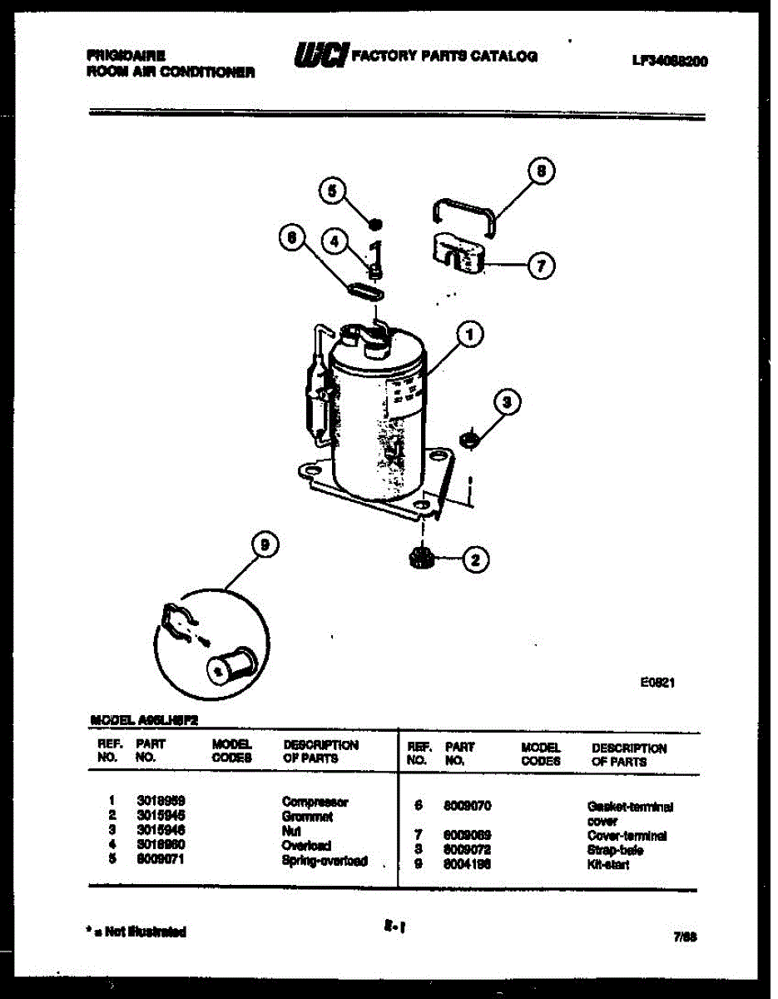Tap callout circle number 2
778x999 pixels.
(475, 559)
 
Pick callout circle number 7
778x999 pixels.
(540, 266)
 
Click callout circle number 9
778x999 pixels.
(264, 546)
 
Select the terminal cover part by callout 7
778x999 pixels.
(456, 253)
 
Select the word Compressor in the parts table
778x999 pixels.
(315, 802)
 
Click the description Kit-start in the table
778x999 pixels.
(607, 865)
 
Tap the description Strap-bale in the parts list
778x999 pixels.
(615, 850)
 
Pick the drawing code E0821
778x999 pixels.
(657, 681)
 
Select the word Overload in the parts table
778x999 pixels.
(307, 845)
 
